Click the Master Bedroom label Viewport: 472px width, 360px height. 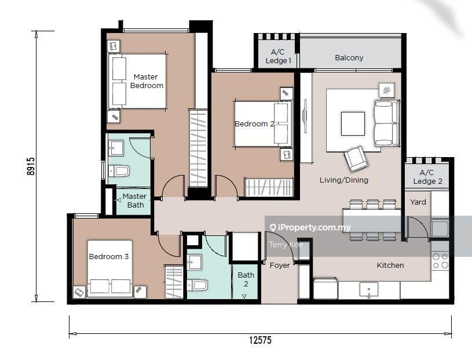tap(147, 81)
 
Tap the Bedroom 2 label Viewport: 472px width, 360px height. tap(254, 124)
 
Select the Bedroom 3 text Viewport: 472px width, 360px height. tap(109, 257)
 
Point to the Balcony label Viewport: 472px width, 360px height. tap(349, 57)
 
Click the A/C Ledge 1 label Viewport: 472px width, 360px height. tap(278, 56)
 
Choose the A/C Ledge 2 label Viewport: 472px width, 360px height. tap(427, 177)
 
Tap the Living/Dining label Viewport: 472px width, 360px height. tap(344, 180)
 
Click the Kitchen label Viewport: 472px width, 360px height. tap(390, 265)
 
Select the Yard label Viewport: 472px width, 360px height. tap(418, 202)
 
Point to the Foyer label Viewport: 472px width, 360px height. tap(280, 265)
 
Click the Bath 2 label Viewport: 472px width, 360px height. tap(246, 279)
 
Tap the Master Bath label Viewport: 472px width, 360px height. tap(134, 201)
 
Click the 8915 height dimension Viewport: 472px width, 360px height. tap(31, 166)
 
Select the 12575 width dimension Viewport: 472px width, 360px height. tap(260, 340)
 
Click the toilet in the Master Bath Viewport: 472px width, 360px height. tap(119, 171)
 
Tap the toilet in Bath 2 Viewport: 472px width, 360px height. tap(197, 285)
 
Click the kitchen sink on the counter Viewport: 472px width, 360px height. tap(369, 290)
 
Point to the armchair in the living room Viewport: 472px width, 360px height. tap(356, 159)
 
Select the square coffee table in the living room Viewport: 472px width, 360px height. tap(353, 123)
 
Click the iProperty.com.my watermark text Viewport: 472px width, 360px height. tap(310, 227)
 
